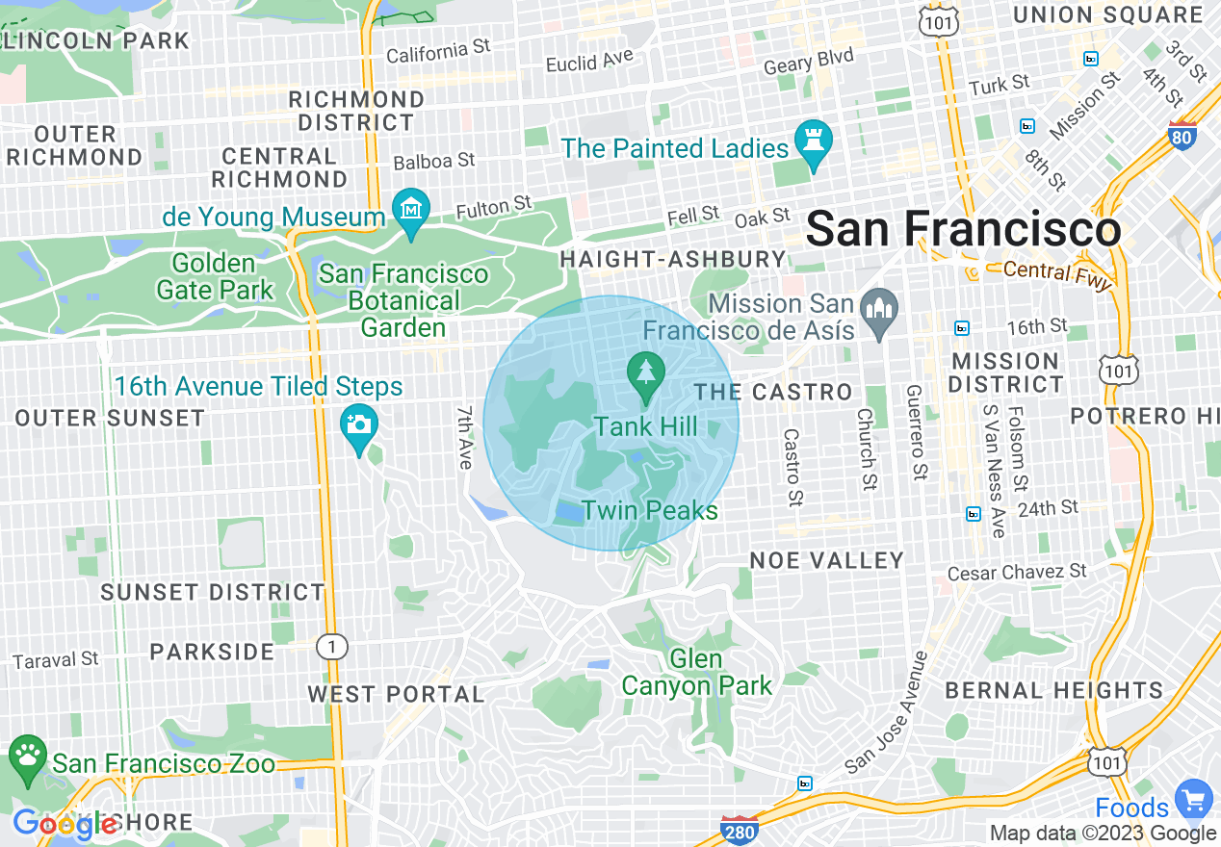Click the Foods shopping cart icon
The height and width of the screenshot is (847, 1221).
point(1195,799)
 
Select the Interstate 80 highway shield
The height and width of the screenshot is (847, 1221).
point(1182,136)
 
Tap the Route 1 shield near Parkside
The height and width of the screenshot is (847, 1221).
point(332,647)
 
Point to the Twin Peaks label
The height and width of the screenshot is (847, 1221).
point(650,510)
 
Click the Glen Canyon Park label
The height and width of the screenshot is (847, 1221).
point(696,673)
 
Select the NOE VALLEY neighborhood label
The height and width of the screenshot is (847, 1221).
point(827,560)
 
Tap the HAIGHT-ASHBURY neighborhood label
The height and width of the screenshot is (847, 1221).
point(673,259)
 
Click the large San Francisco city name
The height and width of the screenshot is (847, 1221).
point(963,230)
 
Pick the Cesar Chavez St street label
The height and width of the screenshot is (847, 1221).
point(1017,572)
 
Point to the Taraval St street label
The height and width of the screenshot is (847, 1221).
point(56,660)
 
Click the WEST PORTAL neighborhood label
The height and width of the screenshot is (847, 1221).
point(396,694)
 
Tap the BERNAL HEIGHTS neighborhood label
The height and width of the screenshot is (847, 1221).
point(1053,690)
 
